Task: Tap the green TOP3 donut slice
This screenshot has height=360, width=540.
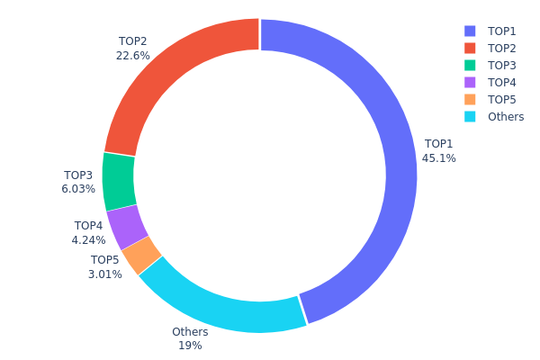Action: pyautogui.click(x=119, y=181)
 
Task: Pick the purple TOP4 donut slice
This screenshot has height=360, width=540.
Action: pyautogui.click(x=128, y=227)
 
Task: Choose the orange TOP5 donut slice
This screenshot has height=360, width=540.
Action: pyautogui.click(x=142, y=256)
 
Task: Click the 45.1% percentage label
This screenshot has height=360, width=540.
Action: pyautogui.click(x=438, y=158)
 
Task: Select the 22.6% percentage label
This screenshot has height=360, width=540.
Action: pyautogui.click(x=132, y=56)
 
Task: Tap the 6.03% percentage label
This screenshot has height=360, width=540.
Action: pyautogui.click(x=77, y=190)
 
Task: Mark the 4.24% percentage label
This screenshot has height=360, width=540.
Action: pyautogui.click(x=88, y=240)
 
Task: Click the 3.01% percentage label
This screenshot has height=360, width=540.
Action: pyautogui.click(x=104, y=274)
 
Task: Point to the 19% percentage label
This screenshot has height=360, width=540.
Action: pyautogui.click(x=190, y=346)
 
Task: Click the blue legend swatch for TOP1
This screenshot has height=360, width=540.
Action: pyautogui.click(x=470, y=31)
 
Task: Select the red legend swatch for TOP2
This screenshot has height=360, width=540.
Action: pyautogui.click(x=470, y=48)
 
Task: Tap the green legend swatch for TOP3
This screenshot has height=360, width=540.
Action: pyautogui.click(x=470, y=65)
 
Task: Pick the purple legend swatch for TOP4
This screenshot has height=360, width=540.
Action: pyautogui.click(x=470, y=82)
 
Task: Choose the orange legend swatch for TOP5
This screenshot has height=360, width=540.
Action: pyautogui.click(x=470, y=99)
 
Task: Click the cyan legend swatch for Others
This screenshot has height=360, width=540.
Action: pyautogui.click(x=470, y=116)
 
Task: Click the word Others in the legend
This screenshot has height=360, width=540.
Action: pyautogui.click(x=506, y=116)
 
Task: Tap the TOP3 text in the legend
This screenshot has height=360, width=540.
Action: pyautogui.click(x=502, y=65)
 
